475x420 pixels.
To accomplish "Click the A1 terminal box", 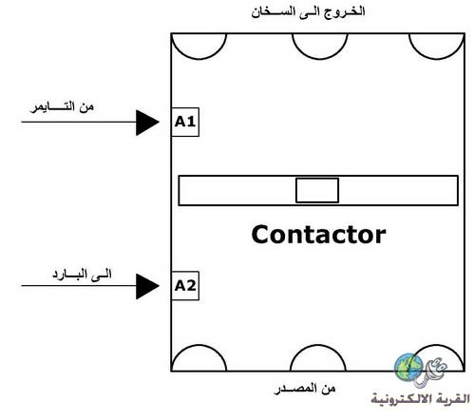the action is coord(185,122).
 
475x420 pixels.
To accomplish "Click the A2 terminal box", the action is coord(185,286).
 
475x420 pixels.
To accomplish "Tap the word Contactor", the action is coord(318,235).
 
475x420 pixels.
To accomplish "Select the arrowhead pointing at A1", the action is coord(147,123).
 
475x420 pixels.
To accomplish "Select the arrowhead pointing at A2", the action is coord(147,286).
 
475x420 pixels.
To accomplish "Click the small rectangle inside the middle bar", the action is coord(317,190).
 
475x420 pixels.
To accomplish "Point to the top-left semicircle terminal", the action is coord(199,59).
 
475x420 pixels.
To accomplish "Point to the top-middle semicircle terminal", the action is coord(320,59).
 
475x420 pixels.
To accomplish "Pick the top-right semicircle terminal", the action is coord(437,59).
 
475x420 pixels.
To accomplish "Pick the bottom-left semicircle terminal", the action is coord(199,345).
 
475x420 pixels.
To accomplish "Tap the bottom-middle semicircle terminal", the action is coord(318,345).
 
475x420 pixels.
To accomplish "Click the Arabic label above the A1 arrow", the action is coord(62,106).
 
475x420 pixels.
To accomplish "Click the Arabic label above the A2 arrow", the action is coord(82,274).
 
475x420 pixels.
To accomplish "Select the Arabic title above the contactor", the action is coord(308,12).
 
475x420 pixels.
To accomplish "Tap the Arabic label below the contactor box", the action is coord(305,389).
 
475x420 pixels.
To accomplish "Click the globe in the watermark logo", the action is coord(408,368).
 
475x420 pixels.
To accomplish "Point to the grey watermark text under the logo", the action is coord(420,398).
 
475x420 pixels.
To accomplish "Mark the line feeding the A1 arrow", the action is coord(79,122).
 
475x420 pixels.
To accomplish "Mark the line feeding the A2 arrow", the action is coord(79,286).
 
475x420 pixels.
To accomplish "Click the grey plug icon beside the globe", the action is coord(432,373).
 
